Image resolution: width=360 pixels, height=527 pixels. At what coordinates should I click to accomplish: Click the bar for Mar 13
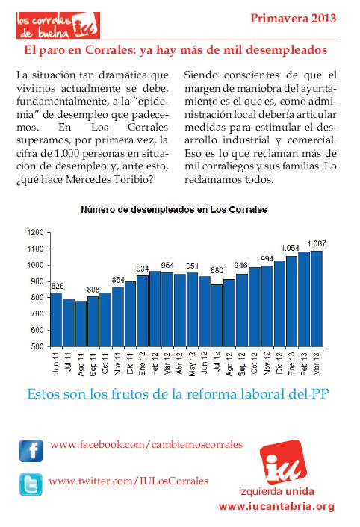317,299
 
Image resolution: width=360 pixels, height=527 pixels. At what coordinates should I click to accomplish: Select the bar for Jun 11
56,319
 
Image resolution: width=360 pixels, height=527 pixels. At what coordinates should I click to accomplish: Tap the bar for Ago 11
81,324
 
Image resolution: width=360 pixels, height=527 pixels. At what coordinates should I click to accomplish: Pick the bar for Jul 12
217,316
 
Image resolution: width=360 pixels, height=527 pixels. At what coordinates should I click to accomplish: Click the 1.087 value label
317,243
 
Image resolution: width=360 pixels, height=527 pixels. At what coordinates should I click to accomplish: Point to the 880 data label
217,270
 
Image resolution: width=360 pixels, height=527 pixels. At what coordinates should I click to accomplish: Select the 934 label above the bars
143,269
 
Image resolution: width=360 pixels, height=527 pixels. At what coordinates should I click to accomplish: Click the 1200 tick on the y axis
36,233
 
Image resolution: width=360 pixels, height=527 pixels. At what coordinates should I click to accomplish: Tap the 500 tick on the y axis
37,346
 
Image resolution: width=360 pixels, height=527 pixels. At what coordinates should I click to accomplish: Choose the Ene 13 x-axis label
292,364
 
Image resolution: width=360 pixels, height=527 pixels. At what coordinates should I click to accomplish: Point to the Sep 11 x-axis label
93,364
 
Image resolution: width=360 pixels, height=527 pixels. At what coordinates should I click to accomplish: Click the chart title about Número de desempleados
174,210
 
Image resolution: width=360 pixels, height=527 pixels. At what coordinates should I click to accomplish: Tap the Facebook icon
31,451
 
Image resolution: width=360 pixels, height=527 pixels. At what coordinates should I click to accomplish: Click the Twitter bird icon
31,484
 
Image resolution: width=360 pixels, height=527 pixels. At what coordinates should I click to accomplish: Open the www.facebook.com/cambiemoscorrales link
146,445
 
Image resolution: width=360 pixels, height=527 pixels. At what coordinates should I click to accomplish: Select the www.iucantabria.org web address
276,507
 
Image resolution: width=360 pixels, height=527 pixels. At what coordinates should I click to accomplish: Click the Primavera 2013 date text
293,18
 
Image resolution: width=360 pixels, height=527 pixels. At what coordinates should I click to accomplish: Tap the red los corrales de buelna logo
58,25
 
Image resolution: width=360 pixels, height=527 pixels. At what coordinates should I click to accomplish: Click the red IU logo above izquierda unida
283,462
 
